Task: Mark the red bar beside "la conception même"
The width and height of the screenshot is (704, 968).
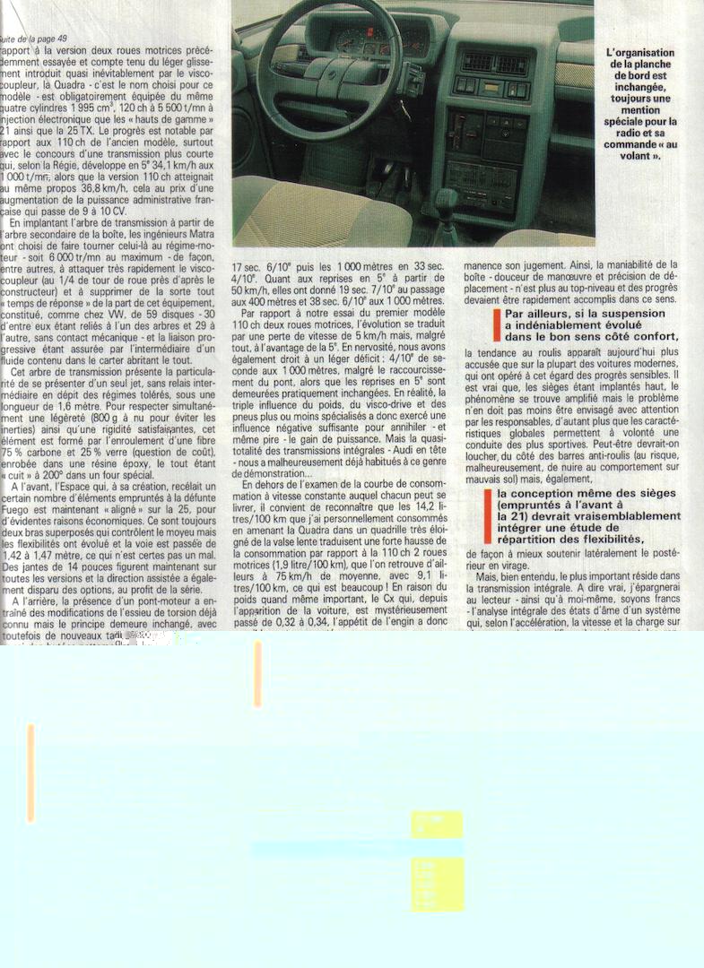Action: [489, 515]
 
